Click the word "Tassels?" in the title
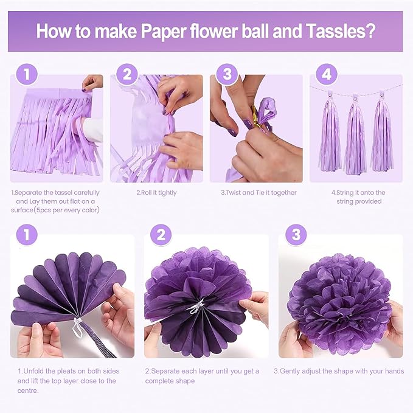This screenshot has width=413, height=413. [339, 30]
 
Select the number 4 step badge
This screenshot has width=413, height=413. [327, 75]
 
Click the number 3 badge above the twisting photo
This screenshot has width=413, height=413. [227, 75]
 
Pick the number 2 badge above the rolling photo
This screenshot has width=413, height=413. [127, 75]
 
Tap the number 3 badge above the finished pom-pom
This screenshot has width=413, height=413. [296, 235]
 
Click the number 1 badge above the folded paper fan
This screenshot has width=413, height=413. [27, 235]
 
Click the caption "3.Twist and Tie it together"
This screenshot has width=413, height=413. [259, 193]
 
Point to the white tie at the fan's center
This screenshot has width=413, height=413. [77, 322]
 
